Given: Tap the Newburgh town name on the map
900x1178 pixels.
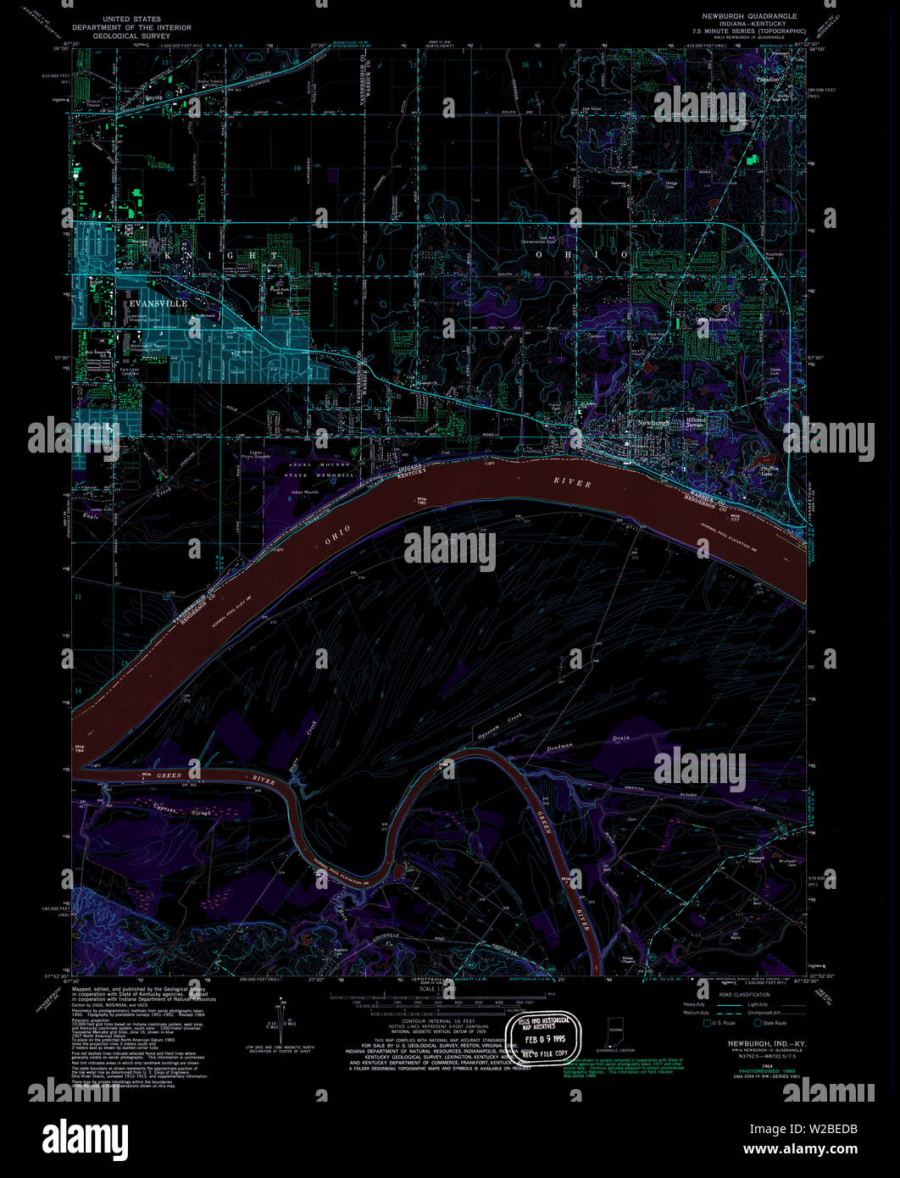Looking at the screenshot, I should pyautogui.click(x=653, y=422).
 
